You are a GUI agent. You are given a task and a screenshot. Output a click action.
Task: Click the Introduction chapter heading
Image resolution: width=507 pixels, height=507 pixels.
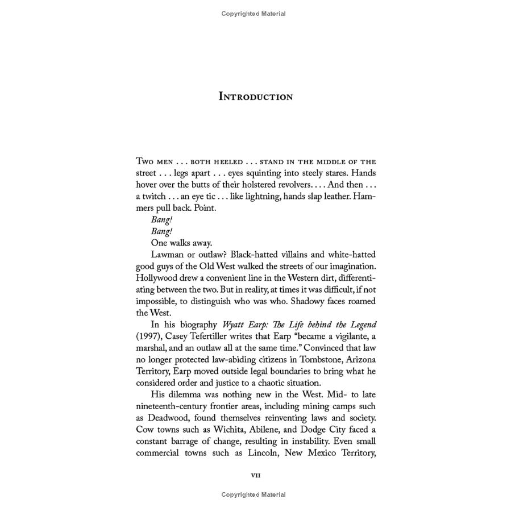tap(255, 97)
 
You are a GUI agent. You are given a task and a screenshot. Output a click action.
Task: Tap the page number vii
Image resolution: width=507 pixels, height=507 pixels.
tap(256, 475)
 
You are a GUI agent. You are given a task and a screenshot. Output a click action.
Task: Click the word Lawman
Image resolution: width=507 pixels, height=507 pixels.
tap(169, 255)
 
